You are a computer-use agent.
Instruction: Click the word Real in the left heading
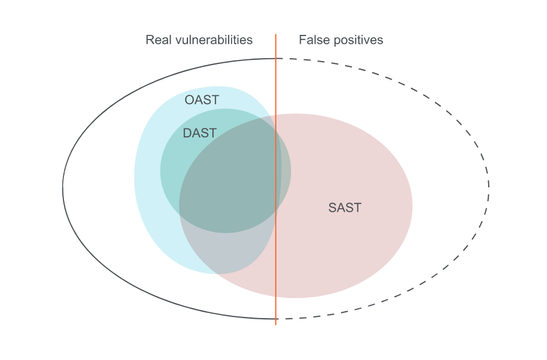point(158,40)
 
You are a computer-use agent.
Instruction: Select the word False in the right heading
point(313,40)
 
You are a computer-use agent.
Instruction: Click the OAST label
point(201,100)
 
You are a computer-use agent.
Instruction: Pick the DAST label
point(199,133)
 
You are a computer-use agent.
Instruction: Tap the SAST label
point(344,208)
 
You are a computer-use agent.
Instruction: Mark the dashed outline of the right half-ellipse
point(488,186)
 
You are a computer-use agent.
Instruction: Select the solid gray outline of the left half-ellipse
point(63,186)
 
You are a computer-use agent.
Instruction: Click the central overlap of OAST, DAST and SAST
point(233,186)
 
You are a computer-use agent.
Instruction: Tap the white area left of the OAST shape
point(99,186)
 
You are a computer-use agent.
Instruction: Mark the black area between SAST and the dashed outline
point(448,186)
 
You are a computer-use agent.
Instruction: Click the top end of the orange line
point(276,35)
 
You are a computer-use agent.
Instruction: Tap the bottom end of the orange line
point(276,323)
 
